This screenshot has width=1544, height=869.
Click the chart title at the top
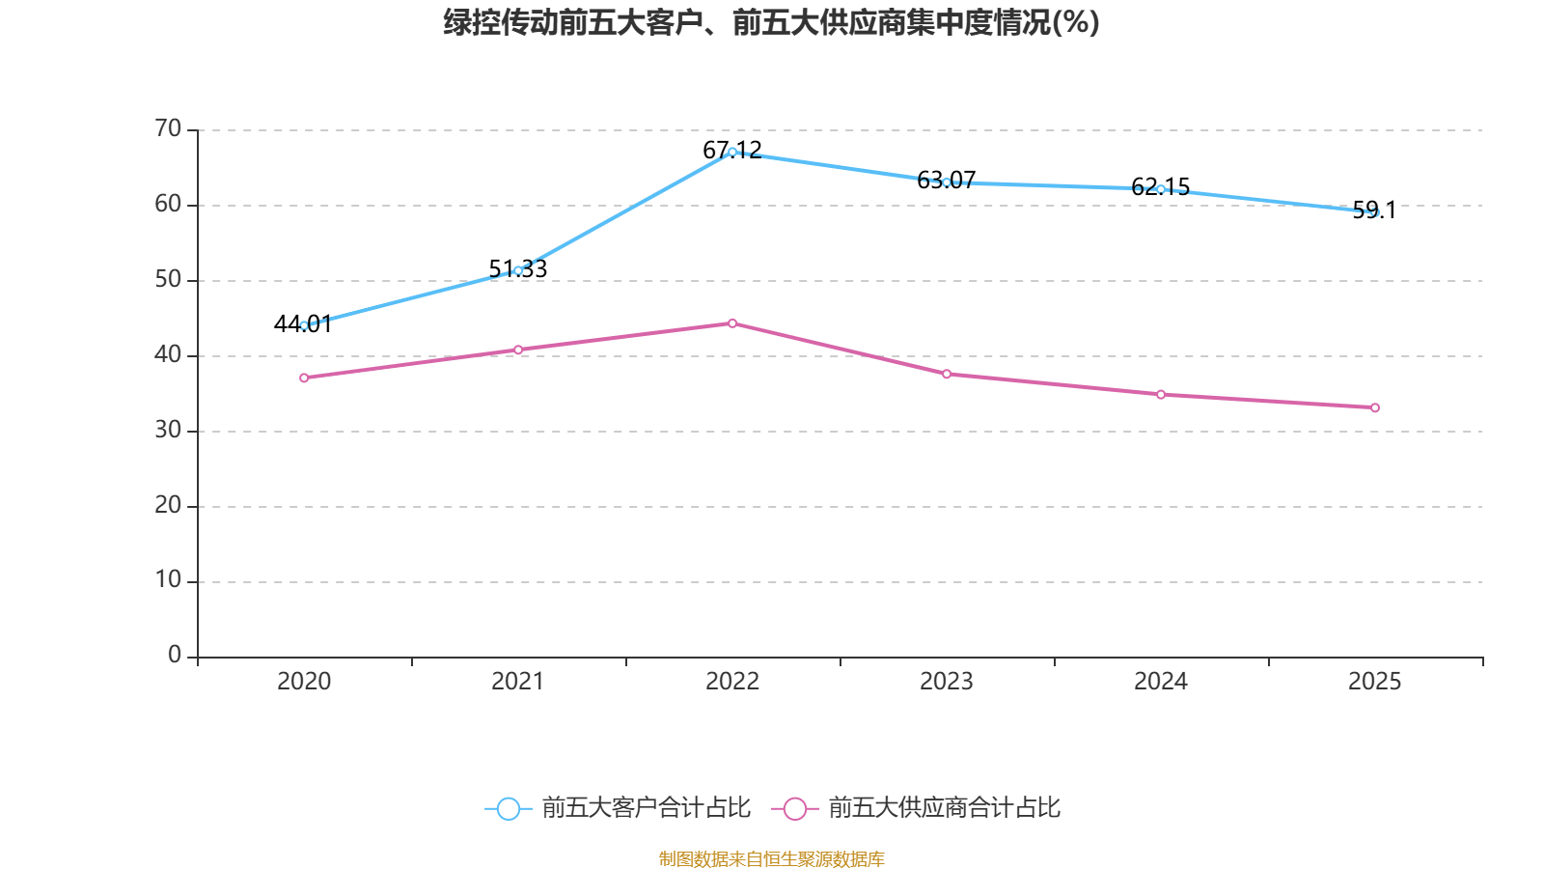(771, 23)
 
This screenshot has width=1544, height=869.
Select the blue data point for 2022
(732, 152)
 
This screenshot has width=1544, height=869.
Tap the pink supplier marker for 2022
(732, 323)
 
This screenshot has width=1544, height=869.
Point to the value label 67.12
(732, 150)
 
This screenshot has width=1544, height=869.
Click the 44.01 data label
(303, 323)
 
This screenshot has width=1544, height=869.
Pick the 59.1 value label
(1374, 210)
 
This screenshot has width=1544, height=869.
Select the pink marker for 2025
(1375, 408)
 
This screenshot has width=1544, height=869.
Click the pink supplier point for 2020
(304, 378)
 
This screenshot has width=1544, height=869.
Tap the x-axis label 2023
(947, 682)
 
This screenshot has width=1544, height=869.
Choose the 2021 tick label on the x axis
(517, 682)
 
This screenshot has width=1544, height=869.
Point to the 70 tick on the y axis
(168, 128)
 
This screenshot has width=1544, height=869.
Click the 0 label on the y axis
(175, 655)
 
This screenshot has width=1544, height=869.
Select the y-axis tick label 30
(168, 430)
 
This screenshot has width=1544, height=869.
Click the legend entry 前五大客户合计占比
(618, 807)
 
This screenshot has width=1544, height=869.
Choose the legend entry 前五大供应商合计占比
(916, 807)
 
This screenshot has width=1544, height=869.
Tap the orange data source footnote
(771, 858)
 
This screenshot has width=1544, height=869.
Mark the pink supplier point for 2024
(1161, 395)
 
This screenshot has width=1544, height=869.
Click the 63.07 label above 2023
(947, 180)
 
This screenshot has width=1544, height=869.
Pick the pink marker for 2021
(518, 350)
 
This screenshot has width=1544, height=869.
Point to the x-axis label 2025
(1374, 682)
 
